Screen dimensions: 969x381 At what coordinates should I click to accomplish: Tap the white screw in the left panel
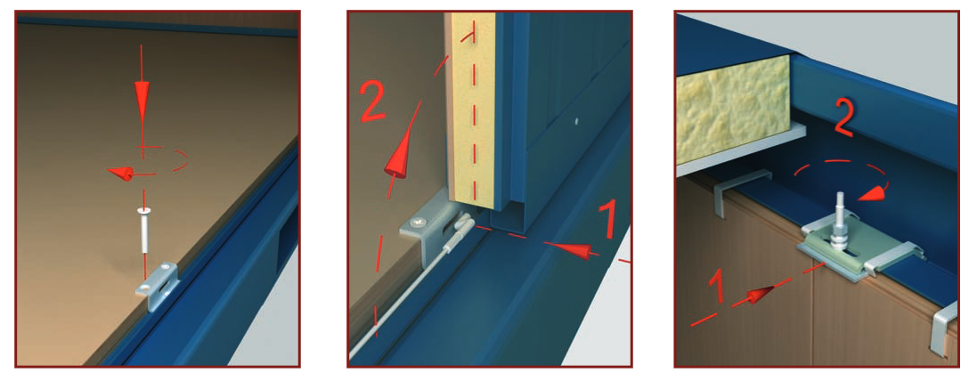142,230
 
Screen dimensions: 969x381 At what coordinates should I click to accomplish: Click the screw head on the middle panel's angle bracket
420,221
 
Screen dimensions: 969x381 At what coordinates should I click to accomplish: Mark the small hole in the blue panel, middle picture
576,122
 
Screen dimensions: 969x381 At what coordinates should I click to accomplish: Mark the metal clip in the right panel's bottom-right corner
946,329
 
